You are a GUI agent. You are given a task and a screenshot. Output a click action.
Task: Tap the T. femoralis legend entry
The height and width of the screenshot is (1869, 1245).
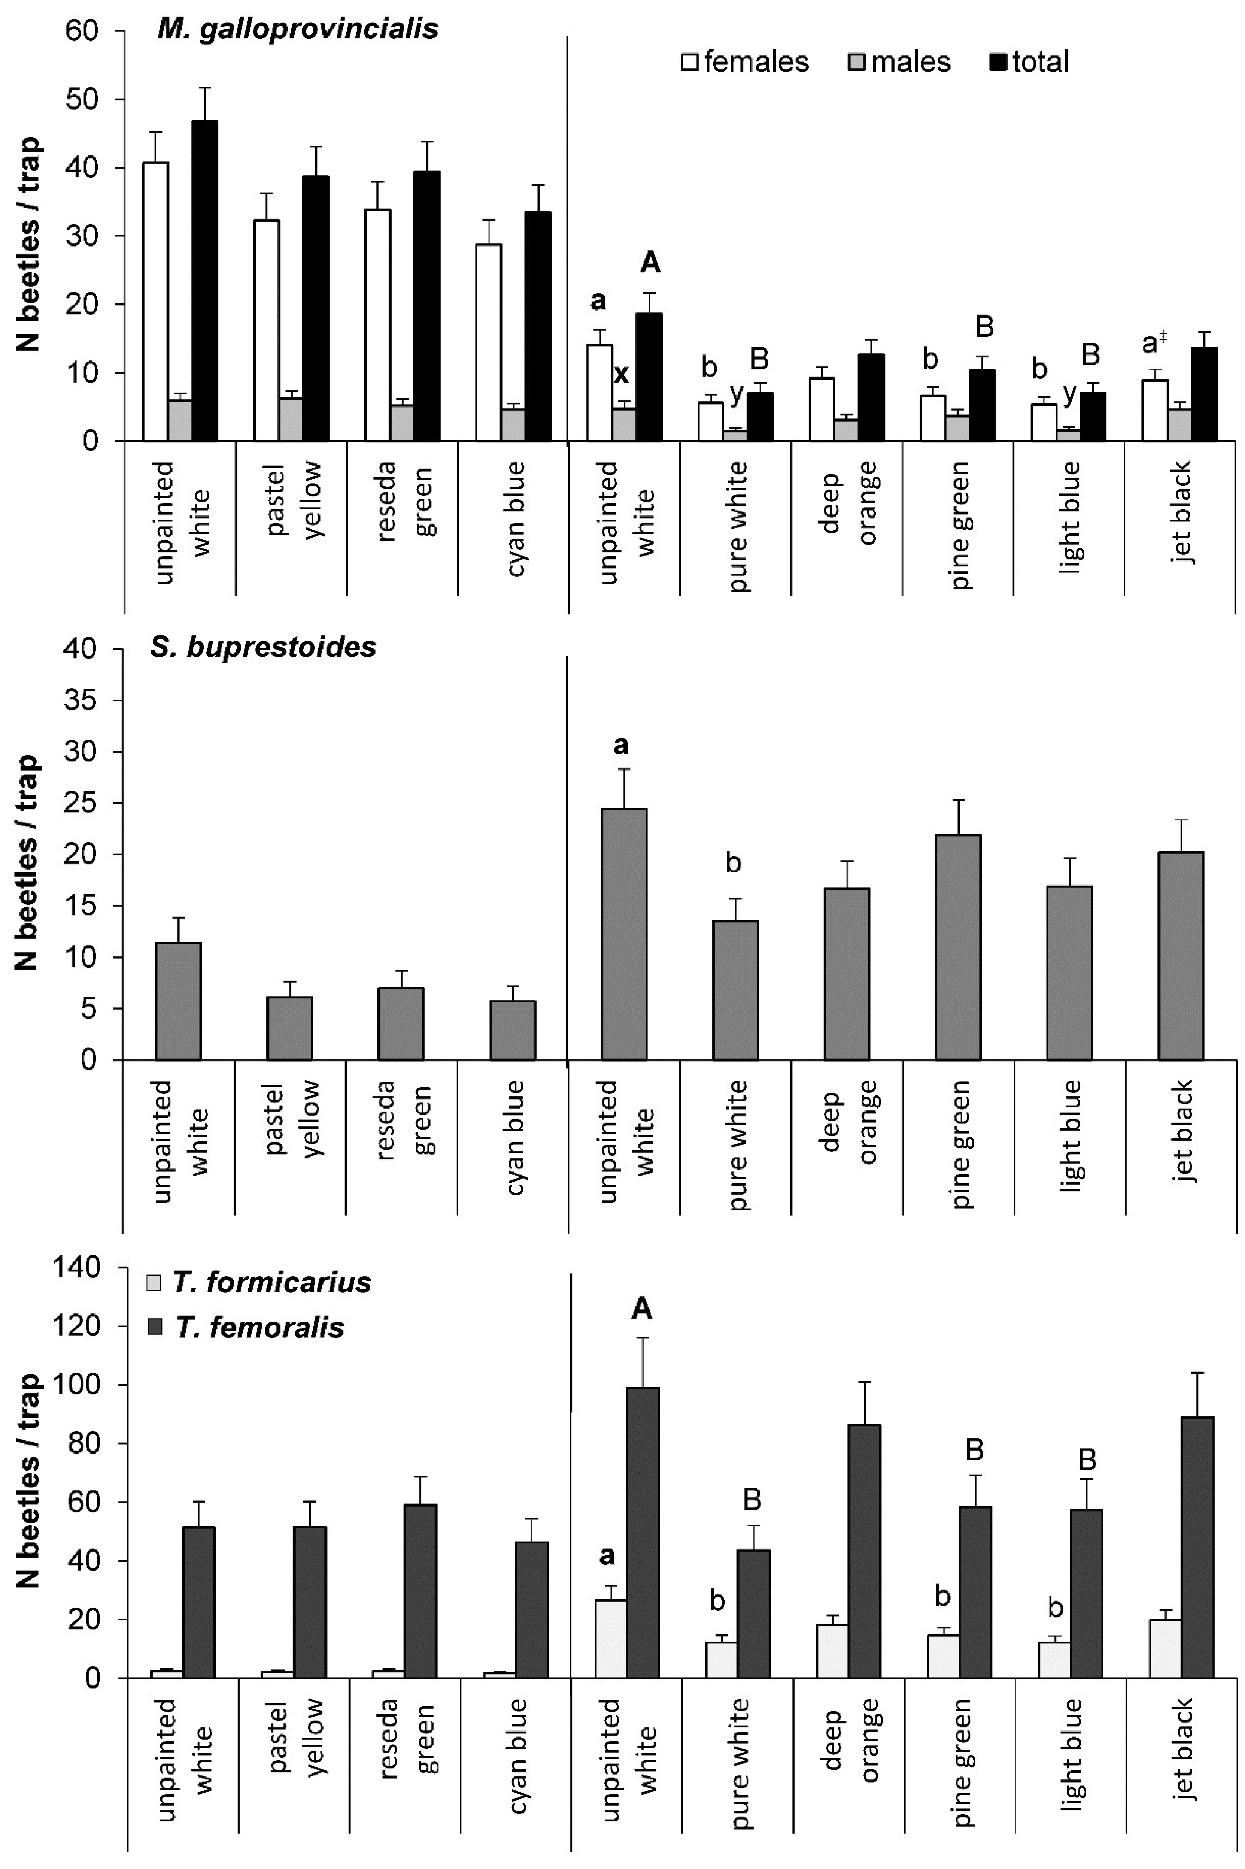[x=246, y=1327]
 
